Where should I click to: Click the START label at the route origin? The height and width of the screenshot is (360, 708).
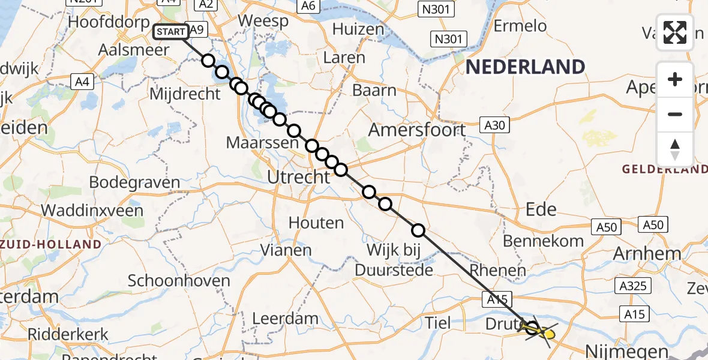click(x=171, y=32)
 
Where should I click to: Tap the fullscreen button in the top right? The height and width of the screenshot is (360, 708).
click(x=675, y=32)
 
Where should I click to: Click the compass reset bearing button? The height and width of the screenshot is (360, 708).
click(x=675, y=149)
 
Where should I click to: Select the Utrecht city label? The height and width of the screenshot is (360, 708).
click(x=299, y=177)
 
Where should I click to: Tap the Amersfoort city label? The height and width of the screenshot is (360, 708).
click(x=417, y=130)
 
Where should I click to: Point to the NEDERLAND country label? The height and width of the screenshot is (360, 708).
click(x=525, y=67)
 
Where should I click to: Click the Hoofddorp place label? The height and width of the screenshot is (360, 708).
click(x=109, y=22)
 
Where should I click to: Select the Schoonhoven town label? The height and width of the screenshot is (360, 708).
click(x=179, y=280)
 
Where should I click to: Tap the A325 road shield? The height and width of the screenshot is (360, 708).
click(x=634, y=286)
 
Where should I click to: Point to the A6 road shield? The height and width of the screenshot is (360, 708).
click(x=308, y=6)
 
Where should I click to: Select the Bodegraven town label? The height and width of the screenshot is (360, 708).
click(x=134, y=182)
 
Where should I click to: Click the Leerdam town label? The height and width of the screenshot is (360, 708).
click(x=285, y=317)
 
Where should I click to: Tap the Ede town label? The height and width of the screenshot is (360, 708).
click(x=541, y=209)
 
